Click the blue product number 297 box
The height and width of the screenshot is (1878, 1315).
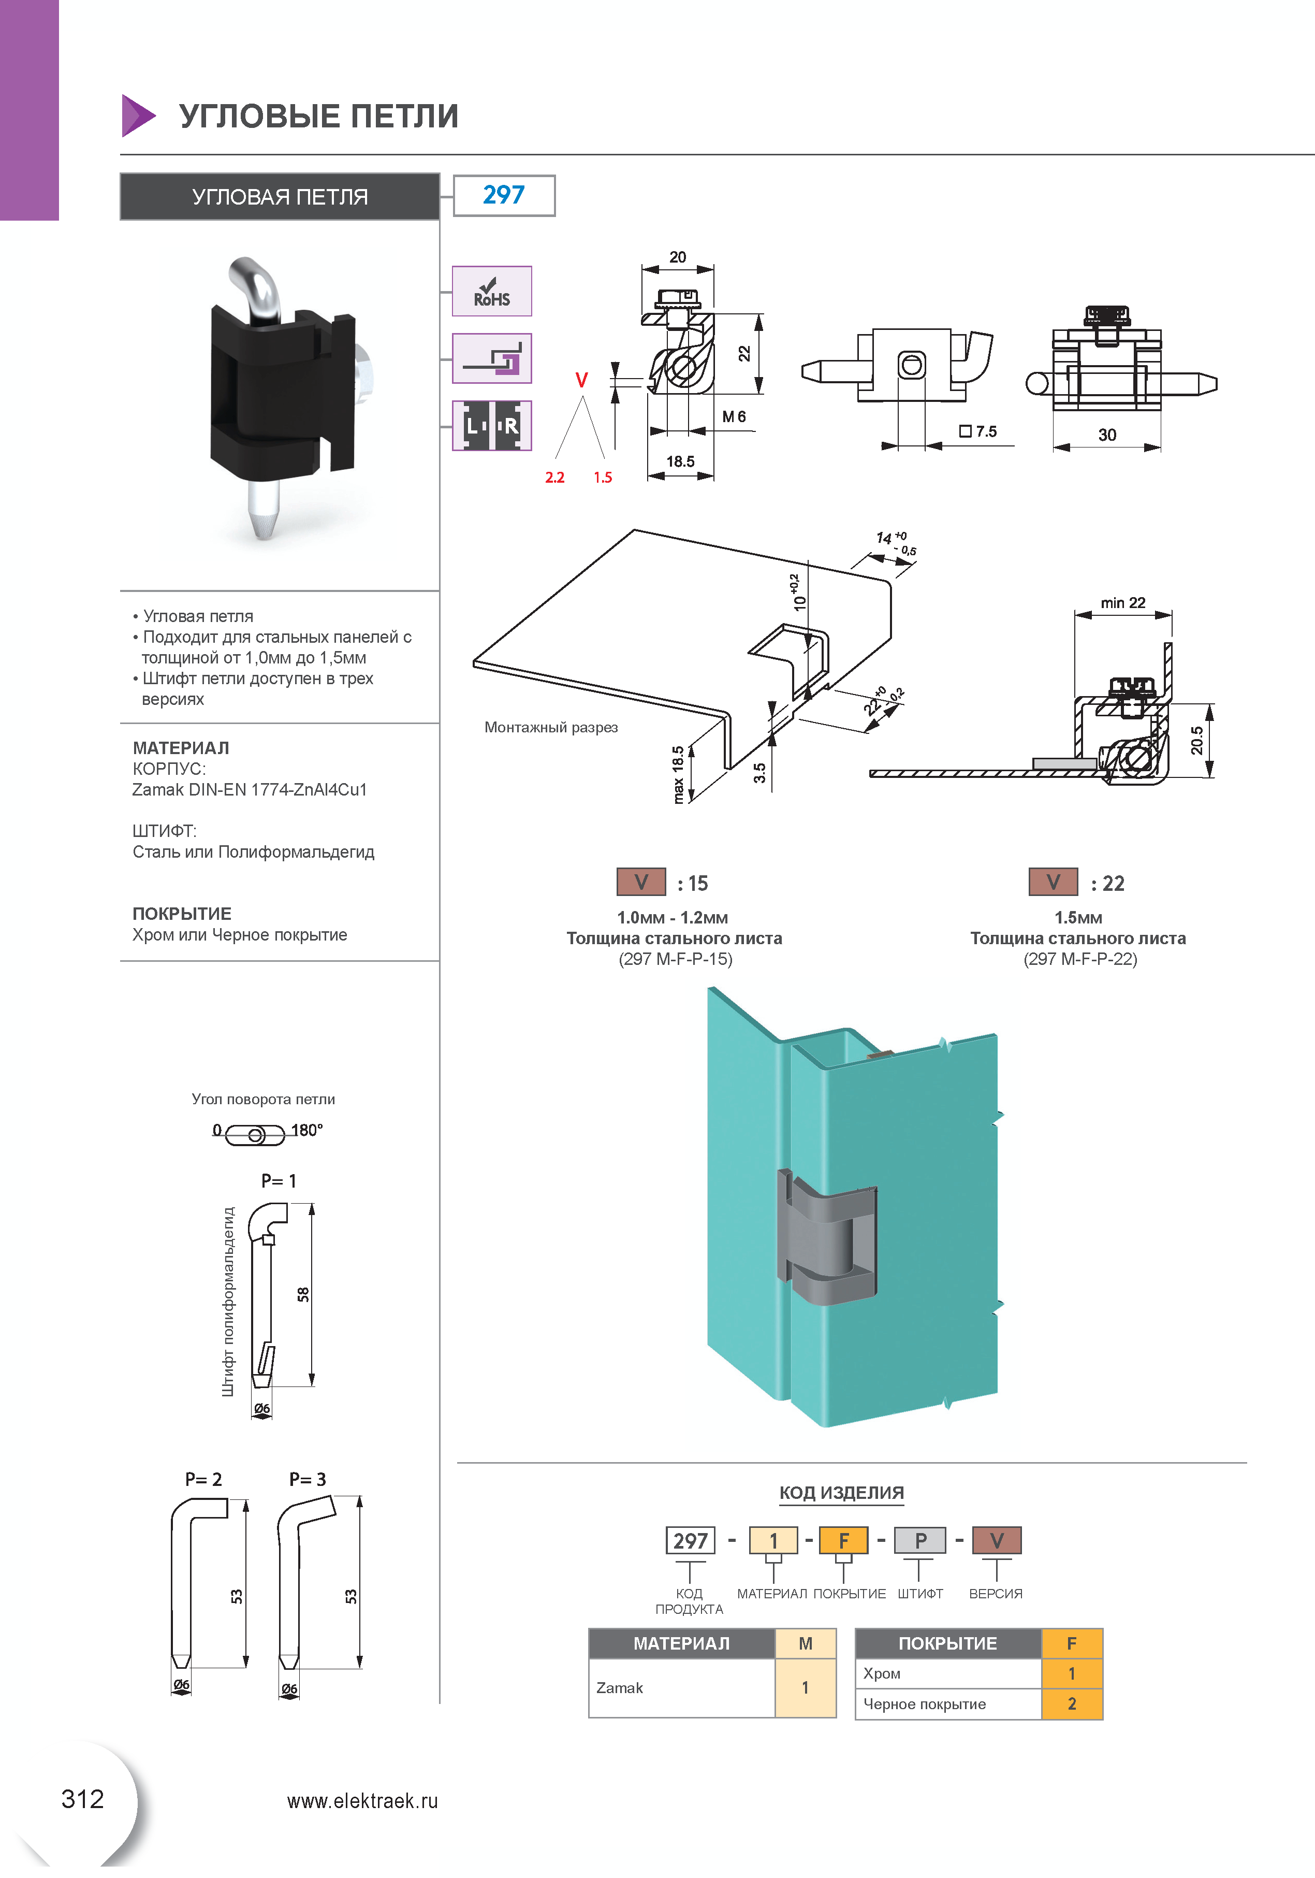coord(504,195)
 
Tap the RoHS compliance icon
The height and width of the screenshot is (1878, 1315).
coord(491,291)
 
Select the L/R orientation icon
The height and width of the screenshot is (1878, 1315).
coord(491,425)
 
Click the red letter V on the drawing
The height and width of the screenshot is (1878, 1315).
coord(581,380)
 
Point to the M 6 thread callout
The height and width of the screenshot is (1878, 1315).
coord(734,417)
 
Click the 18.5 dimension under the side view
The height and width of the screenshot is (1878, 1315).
coord(680,461)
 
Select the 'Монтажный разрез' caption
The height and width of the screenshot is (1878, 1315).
coord(550,727)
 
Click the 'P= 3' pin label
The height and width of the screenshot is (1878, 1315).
coord(308,1479)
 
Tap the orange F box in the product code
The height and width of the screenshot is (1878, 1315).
coord(843,1541)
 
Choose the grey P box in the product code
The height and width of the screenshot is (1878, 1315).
coord(920,1541)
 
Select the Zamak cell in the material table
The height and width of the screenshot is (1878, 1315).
coord(619,1687)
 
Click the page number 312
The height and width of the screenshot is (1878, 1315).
coord(83,1799)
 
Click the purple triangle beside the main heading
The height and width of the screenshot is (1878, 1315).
coord(137,115)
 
